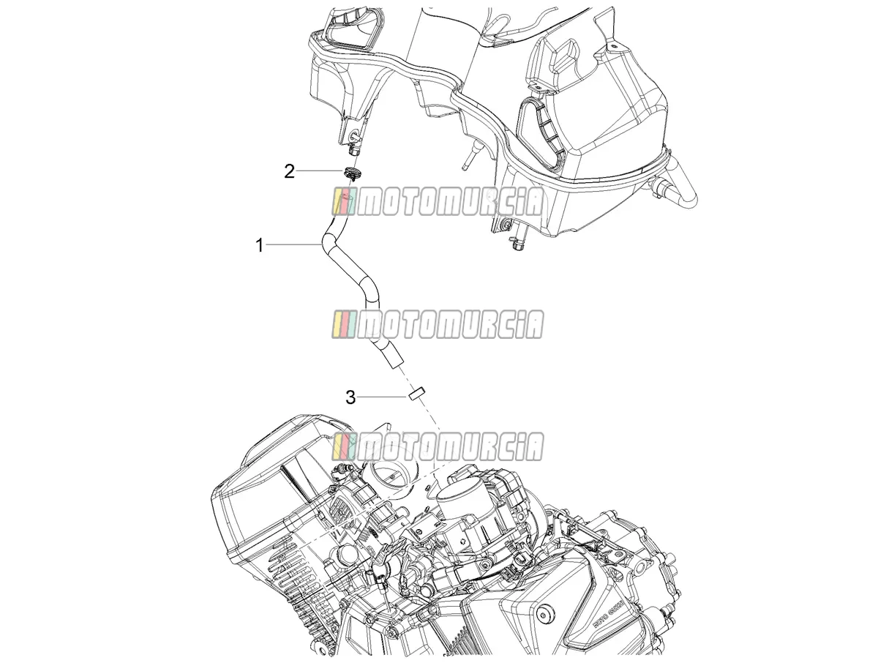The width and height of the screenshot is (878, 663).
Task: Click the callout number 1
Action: (x=260, y=244)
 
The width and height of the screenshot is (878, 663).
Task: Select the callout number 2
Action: (x=289, y=171)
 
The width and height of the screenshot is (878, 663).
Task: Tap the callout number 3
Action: (x=350, y=397)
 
